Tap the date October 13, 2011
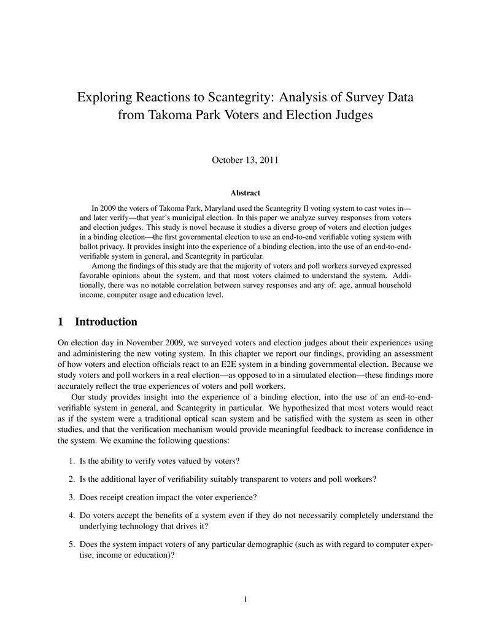(245, 160)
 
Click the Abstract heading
(245, 193)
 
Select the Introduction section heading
(106, 322)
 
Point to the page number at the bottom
(245, 600)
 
